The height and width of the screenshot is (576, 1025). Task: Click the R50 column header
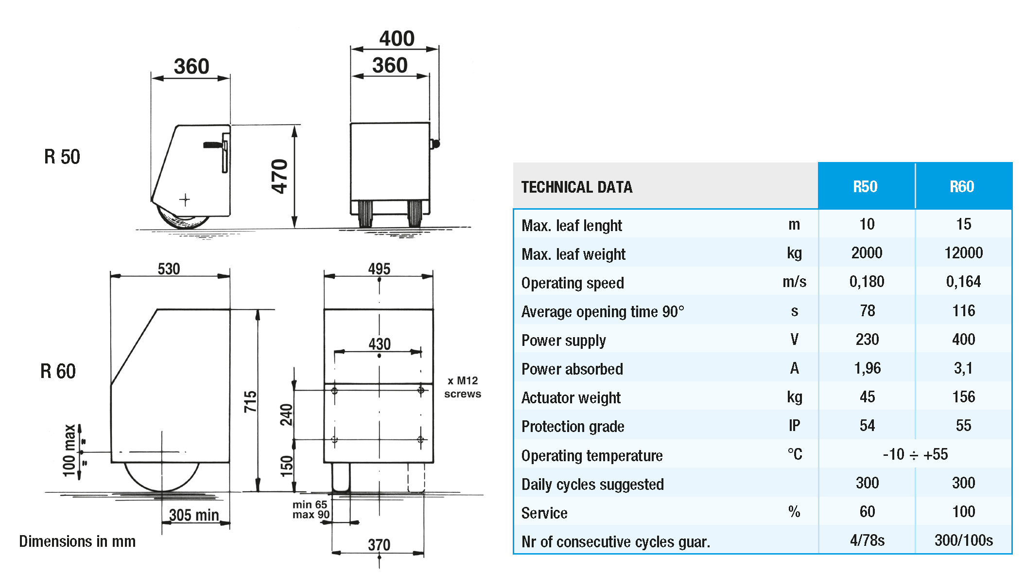pyautogui.click(x=865, y=187)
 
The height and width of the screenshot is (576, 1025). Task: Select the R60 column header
pyautogui.click(x=962, y=187)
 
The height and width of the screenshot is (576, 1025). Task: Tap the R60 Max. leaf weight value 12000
pyautogui.click(x=963, y=253)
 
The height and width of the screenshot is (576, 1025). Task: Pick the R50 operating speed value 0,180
pyautogui.click(x=867, y=282)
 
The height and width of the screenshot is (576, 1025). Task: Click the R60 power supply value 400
pyautogui.click(x=963, y=340)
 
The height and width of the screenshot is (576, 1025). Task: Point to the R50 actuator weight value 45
pyautogui.click(x=867, y=397)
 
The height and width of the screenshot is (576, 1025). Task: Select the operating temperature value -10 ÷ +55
pyautogui.click(x=915, y=454)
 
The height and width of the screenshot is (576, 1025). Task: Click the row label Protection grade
pyautogui.click(x=573, y=427)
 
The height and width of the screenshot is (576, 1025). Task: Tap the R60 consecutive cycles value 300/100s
pyautogui.click(x=963, y=540)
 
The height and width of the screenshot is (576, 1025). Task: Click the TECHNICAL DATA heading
pyautogui.click(x=576, y=187)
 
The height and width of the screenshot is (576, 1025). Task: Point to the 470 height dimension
pyautogui.click(x=280, y=177)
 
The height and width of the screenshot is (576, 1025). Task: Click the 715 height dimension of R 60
pyautogui.click(x=250, y=402)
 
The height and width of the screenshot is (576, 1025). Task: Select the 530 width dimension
pyautogui.click(x=169, y=269)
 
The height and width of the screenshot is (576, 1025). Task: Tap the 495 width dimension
pyautogui.click(x=379, y=269)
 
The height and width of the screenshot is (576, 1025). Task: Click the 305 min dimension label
pyautogui.click(x=193, y=515)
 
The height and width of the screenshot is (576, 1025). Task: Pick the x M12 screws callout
pyautogui.click(x=462, y=387)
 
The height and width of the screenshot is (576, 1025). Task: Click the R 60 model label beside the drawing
pyautogui.click(x=58, y=371)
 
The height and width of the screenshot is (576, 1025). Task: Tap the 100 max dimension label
pyautogui.click(x=69, y=450)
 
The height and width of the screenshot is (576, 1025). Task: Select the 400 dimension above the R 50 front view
pyautogui.click(x=397, y=39)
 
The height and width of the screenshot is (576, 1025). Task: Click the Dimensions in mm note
pyautogui.click(x=77, y=541)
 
